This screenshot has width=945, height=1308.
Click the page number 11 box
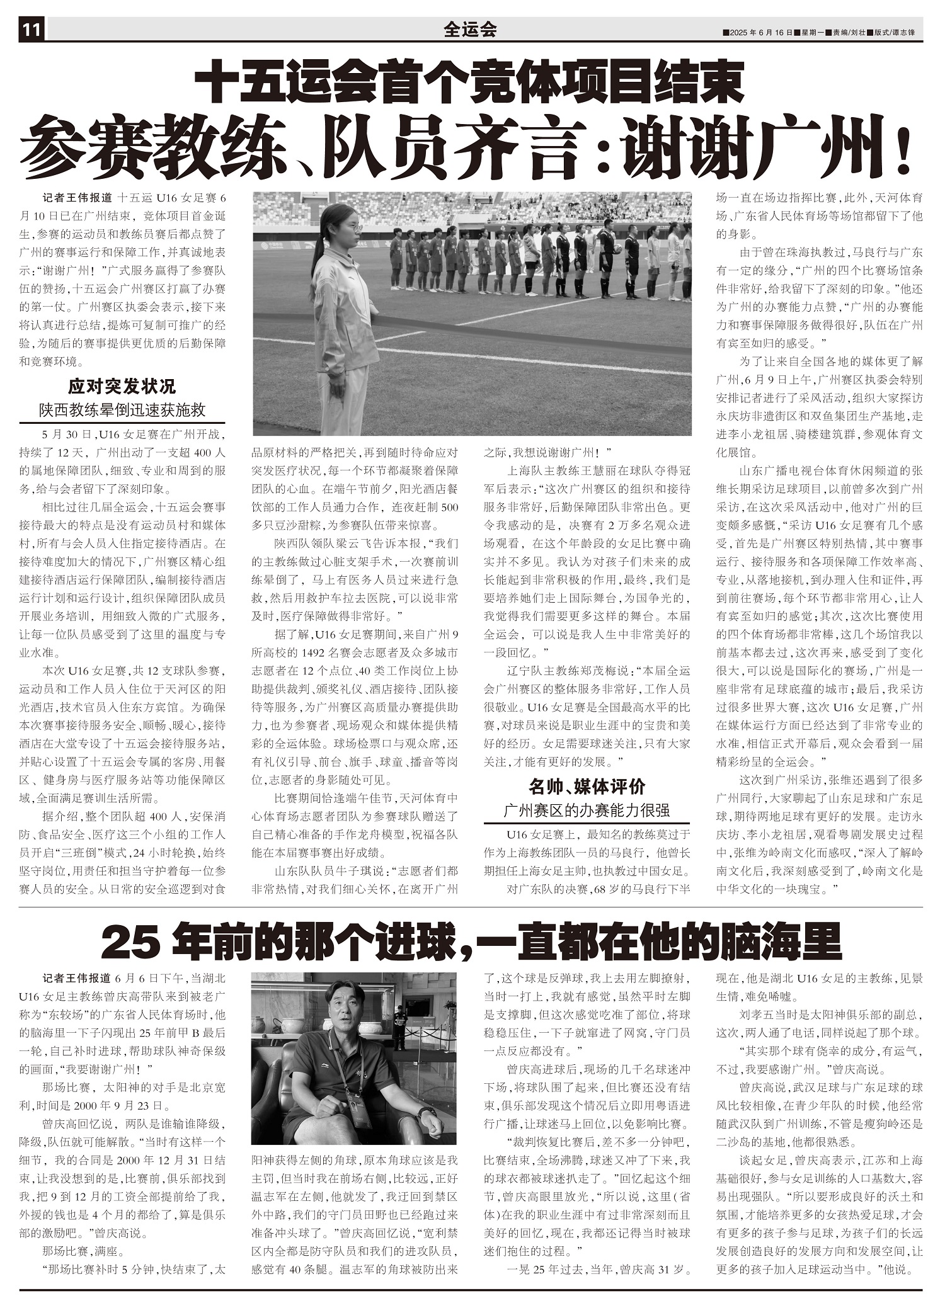[31, 30]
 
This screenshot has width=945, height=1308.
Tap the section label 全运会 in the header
[470, 30]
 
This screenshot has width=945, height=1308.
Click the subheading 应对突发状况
[122, 386]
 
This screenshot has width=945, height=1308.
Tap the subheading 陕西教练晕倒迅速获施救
[122, 410]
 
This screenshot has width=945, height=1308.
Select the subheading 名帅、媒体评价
[587, 787]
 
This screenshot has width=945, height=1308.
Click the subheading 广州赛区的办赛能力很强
[587, 810]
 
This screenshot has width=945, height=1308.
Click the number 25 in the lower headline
[129, 943]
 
